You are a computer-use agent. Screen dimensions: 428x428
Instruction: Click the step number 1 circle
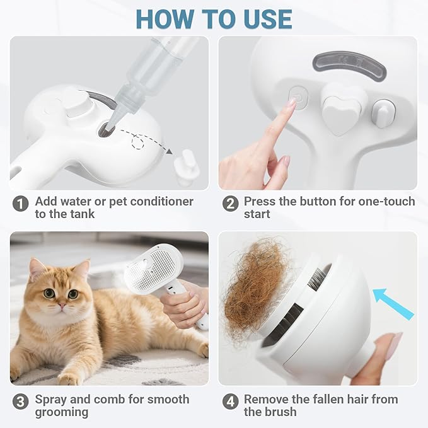coord(21,203)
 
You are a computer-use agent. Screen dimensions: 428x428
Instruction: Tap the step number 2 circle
coord(231,203)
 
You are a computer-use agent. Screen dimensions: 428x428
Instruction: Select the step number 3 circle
coord(21,400)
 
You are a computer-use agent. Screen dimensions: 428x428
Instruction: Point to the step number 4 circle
coord(231,400)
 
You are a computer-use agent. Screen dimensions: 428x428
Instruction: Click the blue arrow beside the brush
coord(393,303)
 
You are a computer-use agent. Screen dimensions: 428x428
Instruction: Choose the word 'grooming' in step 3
coord(61,412)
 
